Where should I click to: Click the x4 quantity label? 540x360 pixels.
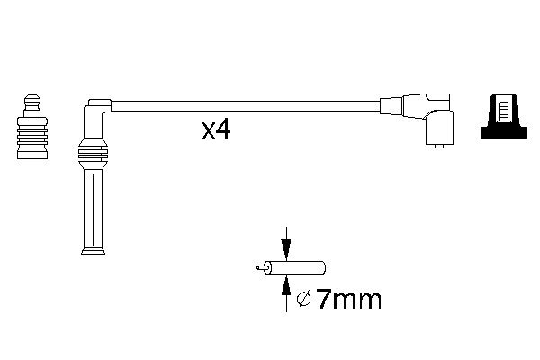coord(216,130)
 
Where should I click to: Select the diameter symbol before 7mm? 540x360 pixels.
coord(303,300)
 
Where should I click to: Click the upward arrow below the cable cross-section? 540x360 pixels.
coord(286,288)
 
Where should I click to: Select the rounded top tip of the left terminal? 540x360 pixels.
coord(32,95)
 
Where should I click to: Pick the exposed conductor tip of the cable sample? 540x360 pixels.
coord(262,267)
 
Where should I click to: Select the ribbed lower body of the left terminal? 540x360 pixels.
coord(32,139)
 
